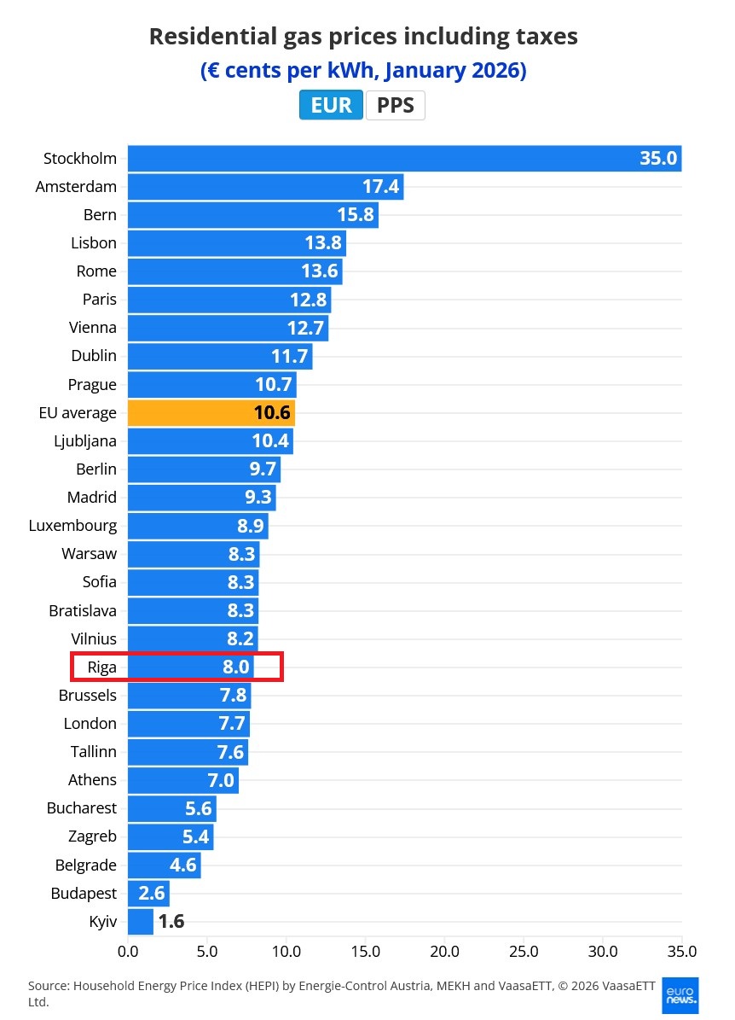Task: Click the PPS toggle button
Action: [x=395, y=105]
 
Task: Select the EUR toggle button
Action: [x=331, y=105]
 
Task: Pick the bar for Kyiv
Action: [x=140, y=922]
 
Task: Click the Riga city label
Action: [x=101, y=667]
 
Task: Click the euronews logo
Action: [x=680, y=995]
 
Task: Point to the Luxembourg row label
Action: [x=72, y=526]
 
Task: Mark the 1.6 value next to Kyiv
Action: [x=171, y=922]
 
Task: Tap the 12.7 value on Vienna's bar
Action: [x=304, y=328]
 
